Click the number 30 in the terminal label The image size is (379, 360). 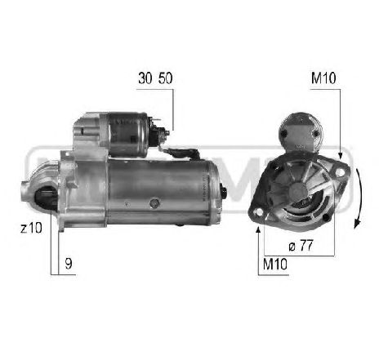[x=146, y=79]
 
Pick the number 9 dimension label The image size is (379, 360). [x=69, y=263]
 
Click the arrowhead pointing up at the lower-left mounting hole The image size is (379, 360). [x=259, y=230]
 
